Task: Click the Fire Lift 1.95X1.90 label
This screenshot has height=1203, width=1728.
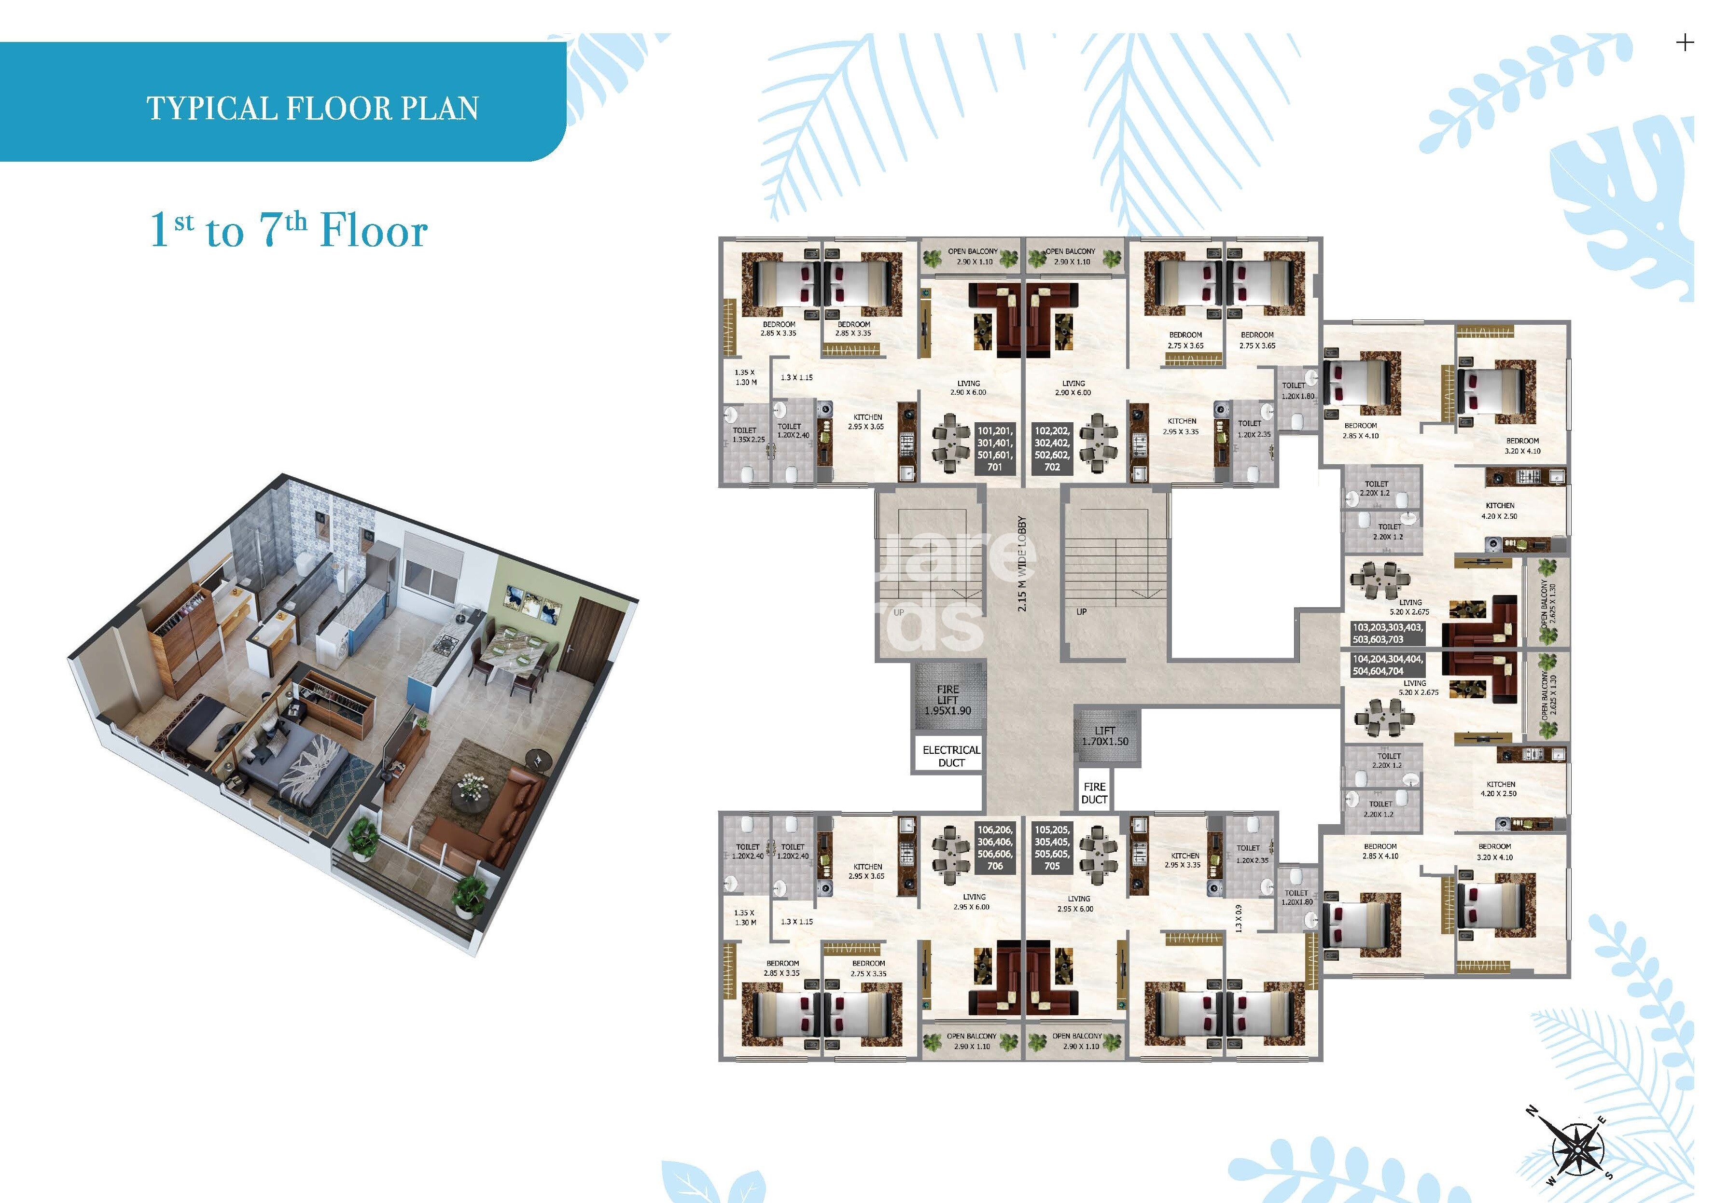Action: pos(948,700)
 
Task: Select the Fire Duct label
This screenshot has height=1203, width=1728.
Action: pos(1094,793)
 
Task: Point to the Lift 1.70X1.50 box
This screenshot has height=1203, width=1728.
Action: pos(1105,736)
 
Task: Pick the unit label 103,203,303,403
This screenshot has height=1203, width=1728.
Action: pos(1387,633)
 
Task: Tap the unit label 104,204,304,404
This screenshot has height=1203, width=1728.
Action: pos(1387,665)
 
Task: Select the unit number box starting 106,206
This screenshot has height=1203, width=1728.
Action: pos(995,848)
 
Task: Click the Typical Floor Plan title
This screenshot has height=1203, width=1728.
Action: pos(312,109)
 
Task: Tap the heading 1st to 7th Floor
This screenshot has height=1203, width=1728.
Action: pos(289,230)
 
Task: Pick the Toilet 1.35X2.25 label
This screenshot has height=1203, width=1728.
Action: pos(748,435)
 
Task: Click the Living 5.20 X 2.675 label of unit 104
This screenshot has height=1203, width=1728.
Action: pos(1418,688)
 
